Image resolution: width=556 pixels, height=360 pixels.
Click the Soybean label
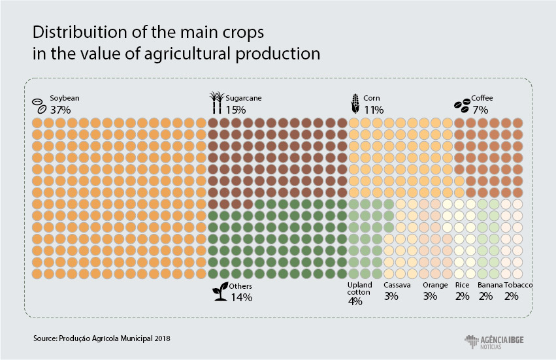[65, 98]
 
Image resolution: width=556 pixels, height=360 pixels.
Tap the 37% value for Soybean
[60, 110]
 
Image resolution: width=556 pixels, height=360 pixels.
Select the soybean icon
[39, 106]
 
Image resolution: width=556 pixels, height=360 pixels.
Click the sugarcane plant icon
[217, 103]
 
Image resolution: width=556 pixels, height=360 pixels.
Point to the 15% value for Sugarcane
[236, 110]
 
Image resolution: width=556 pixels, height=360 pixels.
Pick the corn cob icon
[355, 104]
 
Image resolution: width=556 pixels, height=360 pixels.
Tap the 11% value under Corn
[374, 110]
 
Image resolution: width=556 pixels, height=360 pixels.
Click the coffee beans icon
[463, 106]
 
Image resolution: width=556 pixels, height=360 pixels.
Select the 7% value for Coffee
[480, 110]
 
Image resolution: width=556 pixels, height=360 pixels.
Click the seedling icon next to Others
[220, 292]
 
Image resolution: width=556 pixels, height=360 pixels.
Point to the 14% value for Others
[242, 297]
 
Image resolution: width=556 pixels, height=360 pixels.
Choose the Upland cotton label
[359, 288]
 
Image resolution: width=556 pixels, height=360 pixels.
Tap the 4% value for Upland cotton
[355, 301]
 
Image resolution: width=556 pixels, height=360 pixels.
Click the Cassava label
[397, 285]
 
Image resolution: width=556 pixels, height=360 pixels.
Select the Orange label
[435, 286]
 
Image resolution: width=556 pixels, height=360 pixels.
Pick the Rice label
[463, 285]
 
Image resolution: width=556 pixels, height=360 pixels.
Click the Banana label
[490, 285]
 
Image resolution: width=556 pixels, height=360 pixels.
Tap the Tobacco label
[518, 285]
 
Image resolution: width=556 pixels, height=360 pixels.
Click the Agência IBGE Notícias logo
[494, 342]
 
